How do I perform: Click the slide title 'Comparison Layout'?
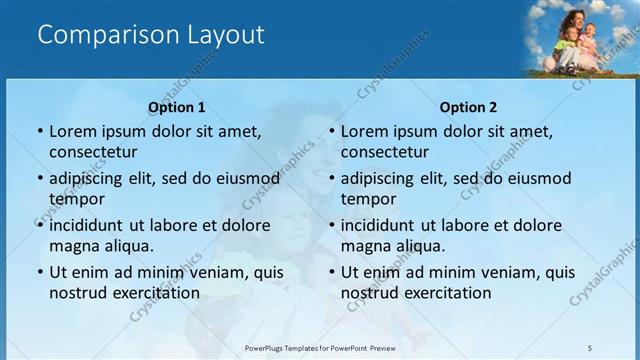[151, 35]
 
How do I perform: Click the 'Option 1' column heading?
[177, 107]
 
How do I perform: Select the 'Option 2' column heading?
[468, 107]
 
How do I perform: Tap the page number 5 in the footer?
[591, 346]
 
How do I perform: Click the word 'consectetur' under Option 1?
[93, 152]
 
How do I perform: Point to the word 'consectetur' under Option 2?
[385, 152]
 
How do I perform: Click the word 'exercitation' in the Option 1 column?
[154, 293]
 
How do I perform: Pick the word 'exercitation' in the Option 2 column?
[446, 293]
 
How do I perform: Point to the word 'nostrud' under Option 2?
[369, 293]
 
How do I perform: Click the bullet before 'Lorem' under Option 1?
[39, 131]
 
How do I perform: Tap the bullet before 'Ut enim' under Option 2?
[331, 272]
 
